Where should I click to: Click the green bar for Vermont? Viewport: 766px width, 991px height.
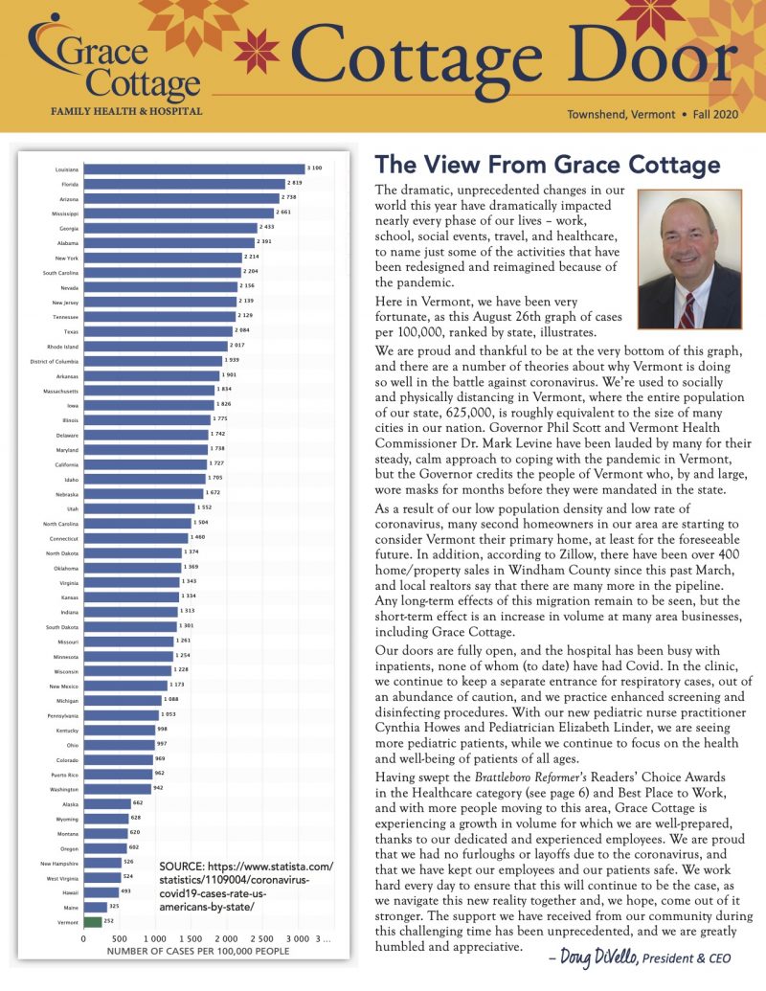[x=93, y=921]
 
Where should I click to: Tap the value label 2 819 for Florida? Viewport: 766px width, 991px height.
[x=297, y=183]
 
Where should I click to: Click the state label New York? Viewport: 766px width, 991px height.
[x=67, y=258]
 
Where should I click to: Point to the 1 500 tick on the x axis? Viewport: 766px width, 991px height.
[x=190, y=938]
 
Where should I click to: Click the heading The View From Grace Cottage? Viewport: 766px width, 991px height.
[x=547, y=165]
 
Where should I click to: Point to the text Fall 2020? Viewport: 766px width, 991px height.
[x=719, y=114]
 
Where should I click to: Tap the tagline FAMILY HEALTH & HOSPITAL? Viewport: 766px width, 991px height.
[x=126, y=111]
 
